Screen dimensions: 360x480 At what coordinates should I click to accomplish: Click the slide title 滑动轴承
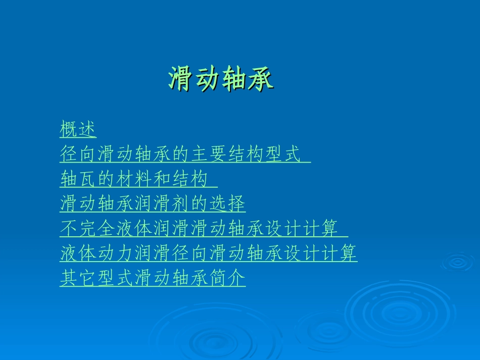(221, 79)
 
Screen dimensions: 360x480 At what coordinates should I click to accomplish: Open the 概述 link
(78, 129)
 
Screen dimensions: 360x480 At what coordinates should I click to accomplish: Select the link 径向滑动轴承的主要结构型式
(179, 154)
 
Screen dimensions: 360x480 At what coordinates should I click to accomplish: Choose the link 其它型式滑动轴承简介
(153, 278)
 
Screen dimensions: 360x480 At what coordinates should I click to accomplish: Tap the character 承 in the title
(261, 79)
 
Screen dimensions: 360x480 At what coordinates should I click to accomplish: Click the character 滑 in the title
(181, 79)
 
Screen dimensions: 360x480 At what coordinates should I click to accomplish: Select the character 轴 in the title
(234, 79)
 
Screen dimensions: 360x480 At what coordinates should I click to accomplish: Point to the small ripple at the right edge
(458, 262)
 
